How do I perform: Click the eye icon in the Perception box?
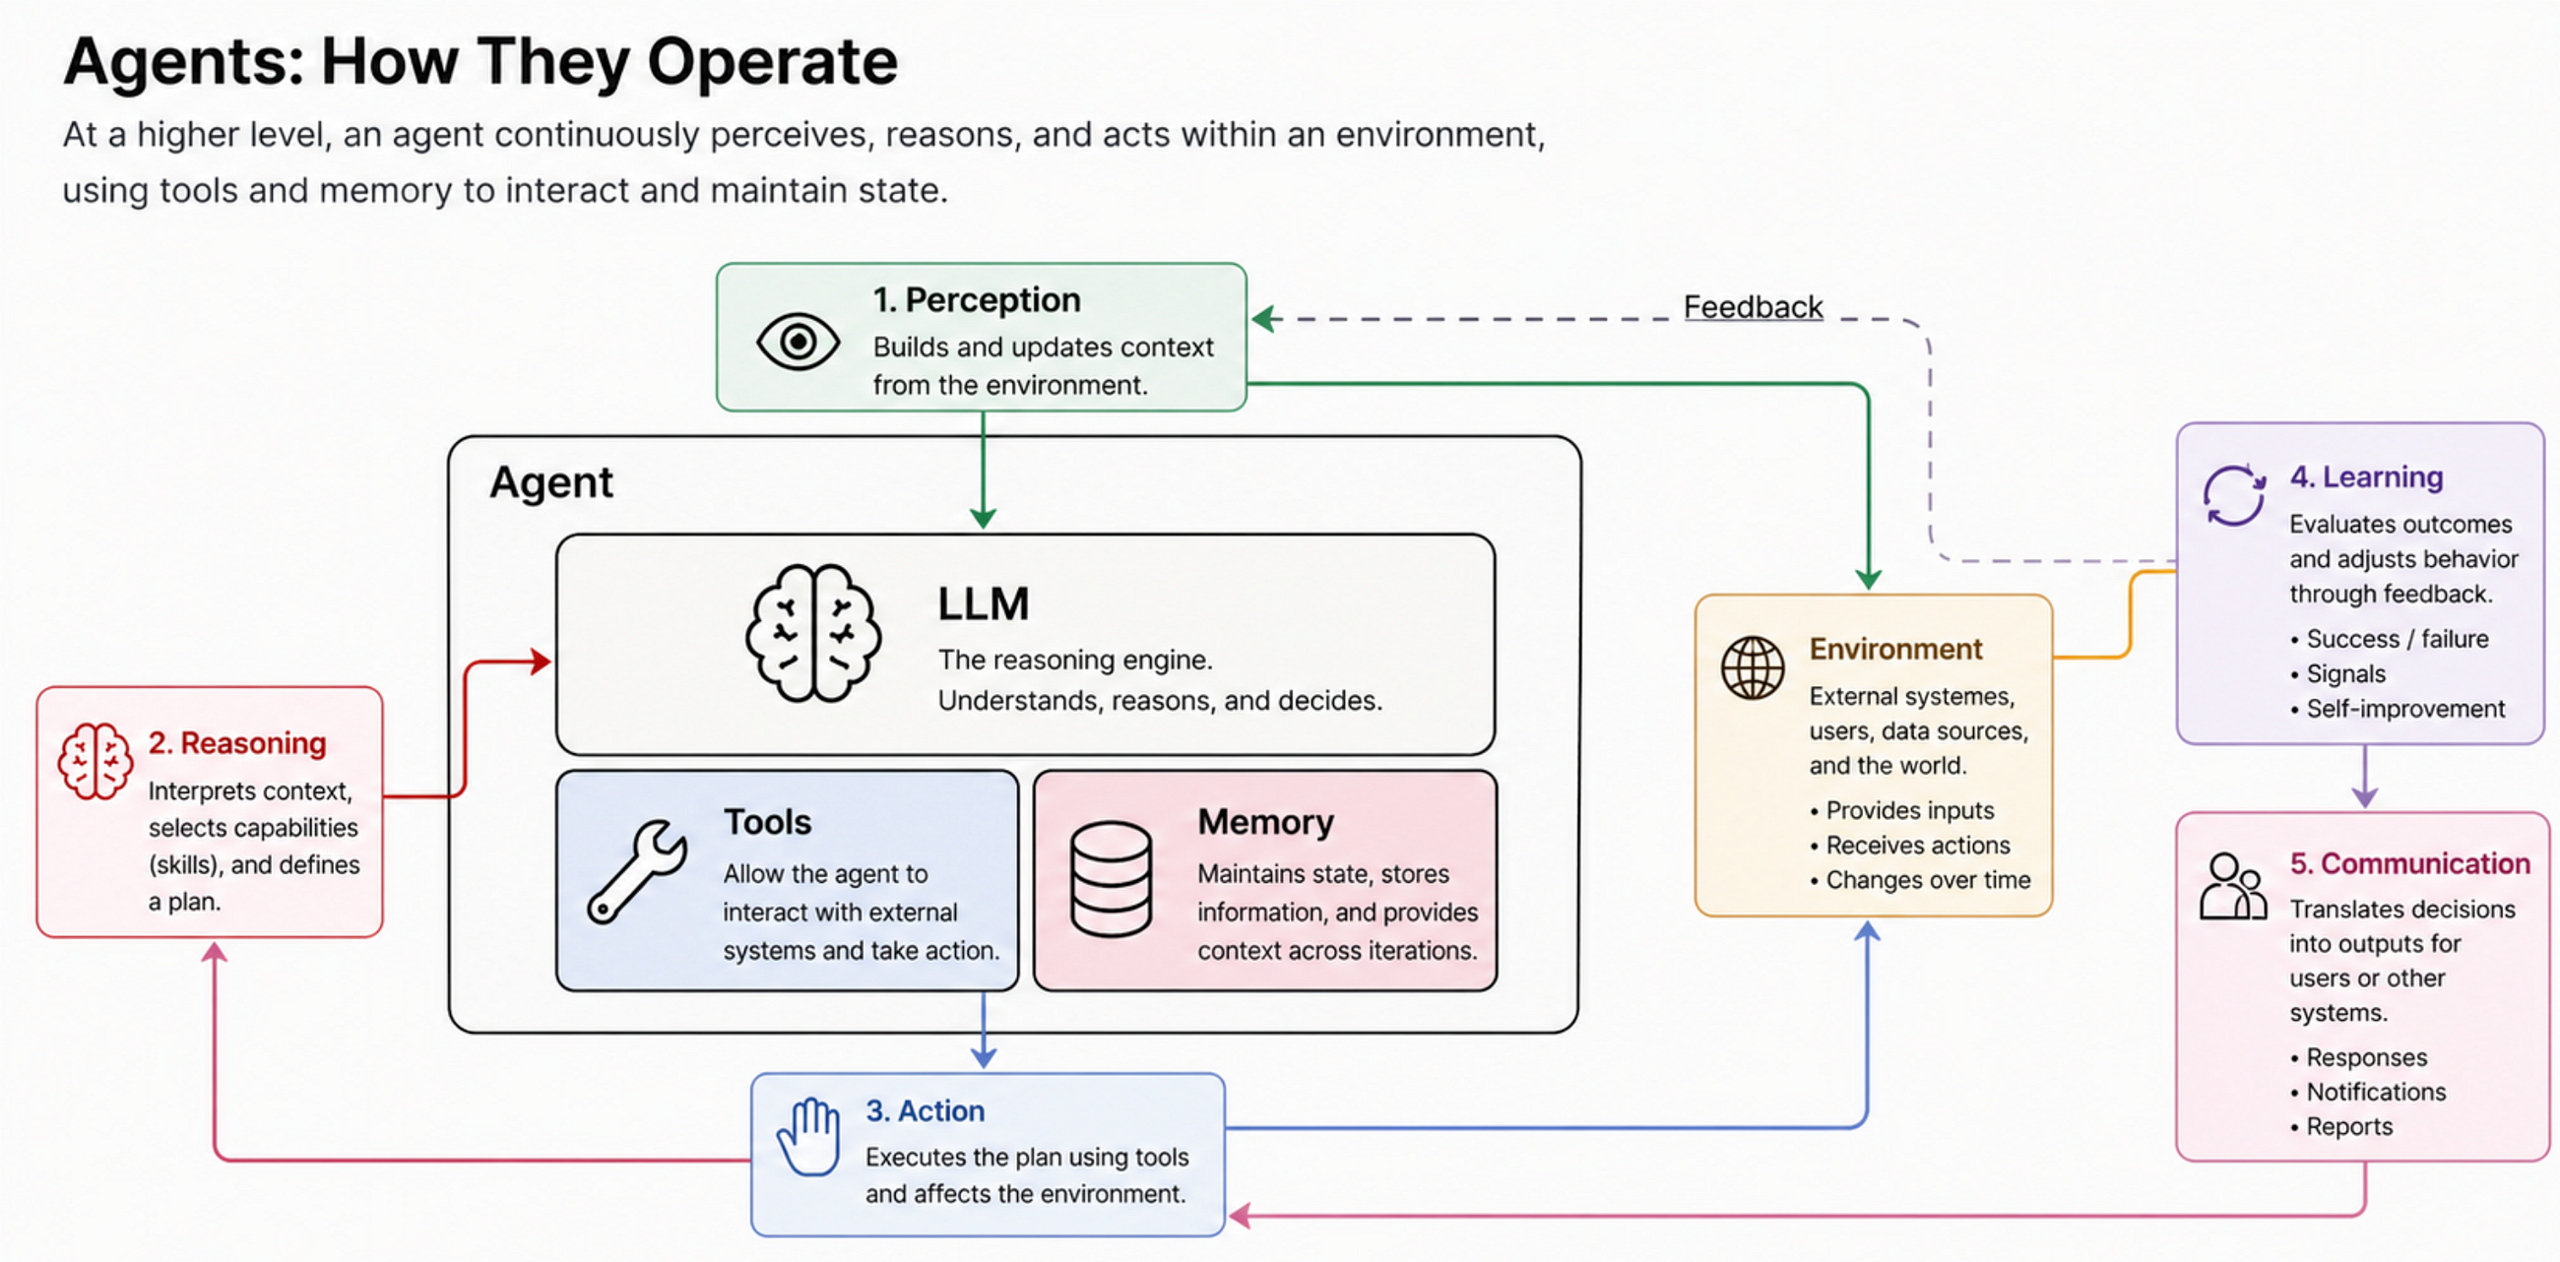(798, 342)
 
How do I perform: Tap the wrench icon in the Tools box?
(637, 871)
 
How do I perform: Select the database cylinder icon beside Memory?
(1111, 878)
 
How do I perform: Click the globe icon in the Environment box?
(1752, 667)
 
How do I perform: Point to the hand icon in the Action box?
(809, 1137)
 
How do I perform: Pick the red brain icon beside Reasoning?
(95, 761)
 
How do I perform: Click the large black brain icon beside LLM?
(813, 633)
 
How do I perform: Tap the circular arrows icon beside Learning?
(2234, 494)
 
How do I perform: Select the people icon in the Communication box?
(2233, 886)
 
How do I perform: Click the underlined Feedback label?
(1753, 307)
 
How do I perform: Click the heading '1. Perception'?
(976, 299)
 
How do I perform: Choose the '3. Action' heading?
(925, 1110)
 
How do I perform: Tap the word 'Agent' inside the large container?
(551, 483)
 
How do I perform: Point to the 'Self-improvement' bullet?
(2405, 709)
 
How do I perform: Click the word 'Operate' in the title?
(772, 63)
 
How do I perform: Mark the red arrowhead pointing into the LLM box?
(542, 662)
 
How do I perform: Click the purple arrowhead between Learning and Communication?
(2364, 796)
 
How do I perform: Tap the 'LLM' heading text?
(983, 604)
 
